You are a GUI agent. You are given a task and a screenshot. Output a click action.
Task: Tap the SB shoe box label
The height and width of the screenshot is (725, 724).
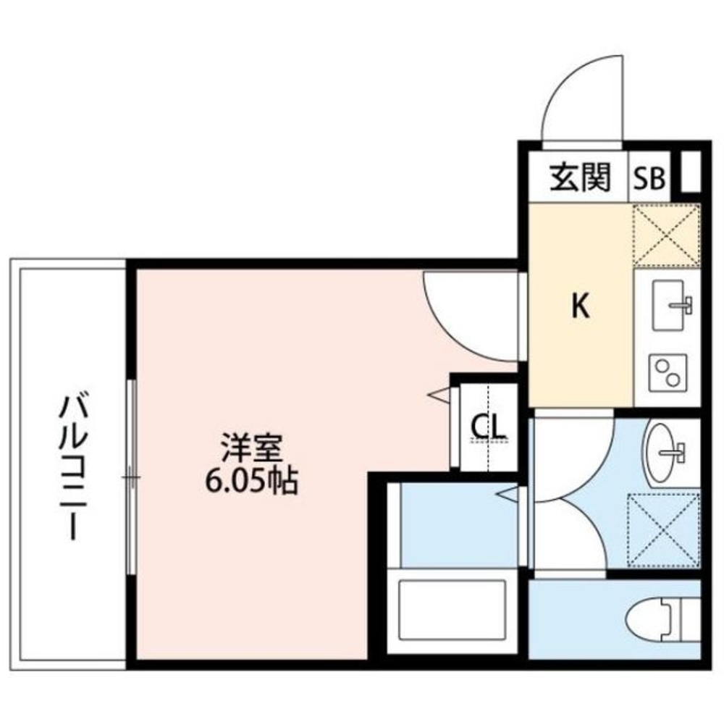click(x=649, y=178)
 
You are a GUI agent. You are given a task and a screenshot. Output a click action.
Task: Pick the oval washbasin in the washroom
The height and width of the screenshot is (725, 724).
click(x=665, y=453)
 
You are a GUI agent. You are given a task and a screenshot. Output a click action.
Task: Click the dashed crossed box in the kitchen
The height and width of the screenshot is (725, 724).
click(x=667, y=235)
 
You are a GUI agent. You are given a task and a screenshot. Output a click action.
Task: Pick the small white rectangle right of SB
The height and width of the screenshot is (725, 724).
click(x=689, y=172)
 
